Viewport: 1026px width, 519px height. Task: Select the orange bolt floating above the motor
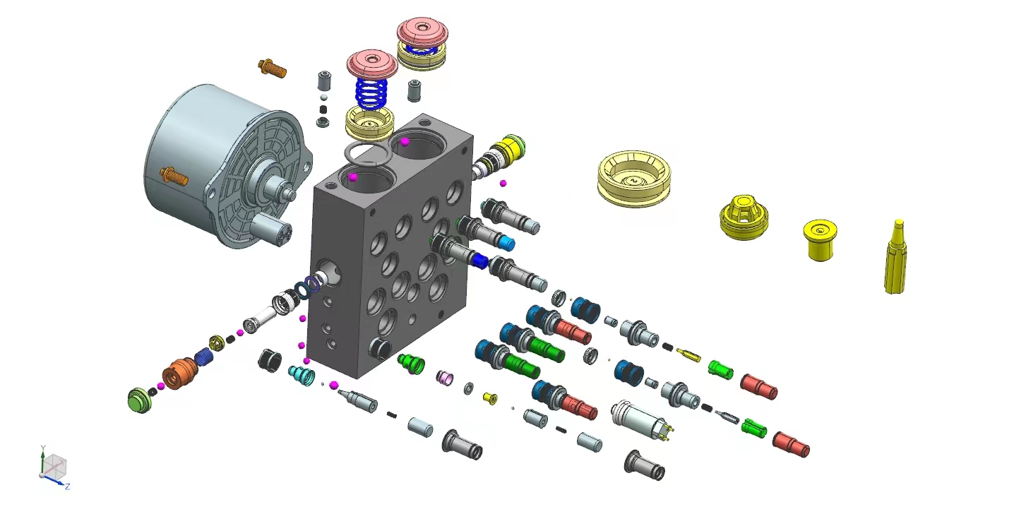tap(273, 68)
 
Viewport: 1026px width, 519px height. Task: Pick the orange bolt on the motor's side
tap(174, 175)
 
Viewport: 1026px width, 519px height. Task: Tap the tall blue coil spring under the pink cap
tap(372, 93)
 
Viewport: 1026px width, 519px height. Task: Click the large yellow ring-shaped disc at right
tap(633, 178)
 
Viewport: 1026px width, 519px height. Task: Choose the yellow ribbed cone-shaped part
tap(744, 218)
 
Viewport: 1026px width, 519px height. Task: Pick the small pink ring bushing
tap(446, 378)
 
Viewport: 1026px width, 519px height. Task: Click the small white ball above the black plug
tap(323, 97)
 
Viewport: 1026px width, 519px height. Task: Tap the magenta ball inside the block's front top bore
tap(353, 177)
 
